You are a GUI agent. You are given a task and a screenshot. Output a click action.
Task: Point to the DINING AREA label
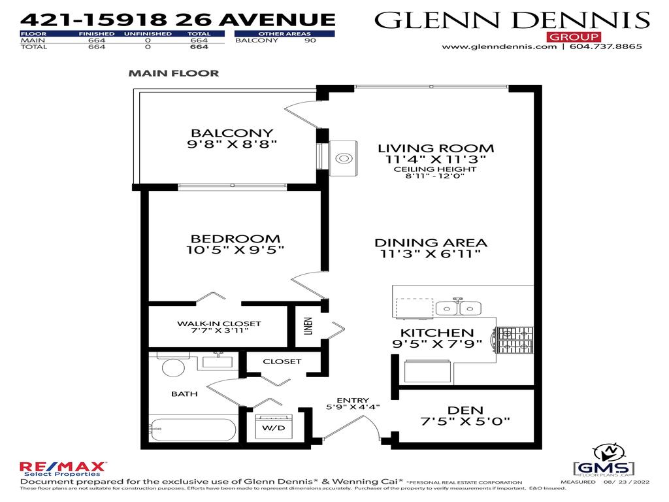tap(431, 243)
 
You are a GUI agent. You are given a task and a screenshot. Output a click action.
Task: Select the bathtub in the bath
tap(193, 430)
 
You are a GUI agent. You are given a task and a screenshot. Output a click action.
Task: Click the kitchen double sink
tap(458, 307)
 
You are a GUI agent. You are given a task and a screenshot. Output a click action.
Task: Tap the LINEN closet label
tap(308, 327)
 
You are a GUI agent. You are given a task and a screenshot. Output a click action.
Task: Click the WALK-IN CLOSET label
tap(219, 324)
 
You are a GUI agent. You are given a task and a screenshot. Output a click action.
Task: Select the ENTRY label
tap(353, 401)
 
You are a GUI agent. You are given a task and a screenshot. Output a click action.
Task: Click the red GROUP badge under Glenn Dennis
tap(566, 36)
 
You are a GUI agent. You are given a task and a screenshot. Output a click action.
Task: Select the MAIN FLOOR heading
tap(173, 73)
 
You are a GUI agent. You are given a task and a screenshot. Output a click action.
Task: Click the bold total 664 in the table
tap(199, 47)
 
